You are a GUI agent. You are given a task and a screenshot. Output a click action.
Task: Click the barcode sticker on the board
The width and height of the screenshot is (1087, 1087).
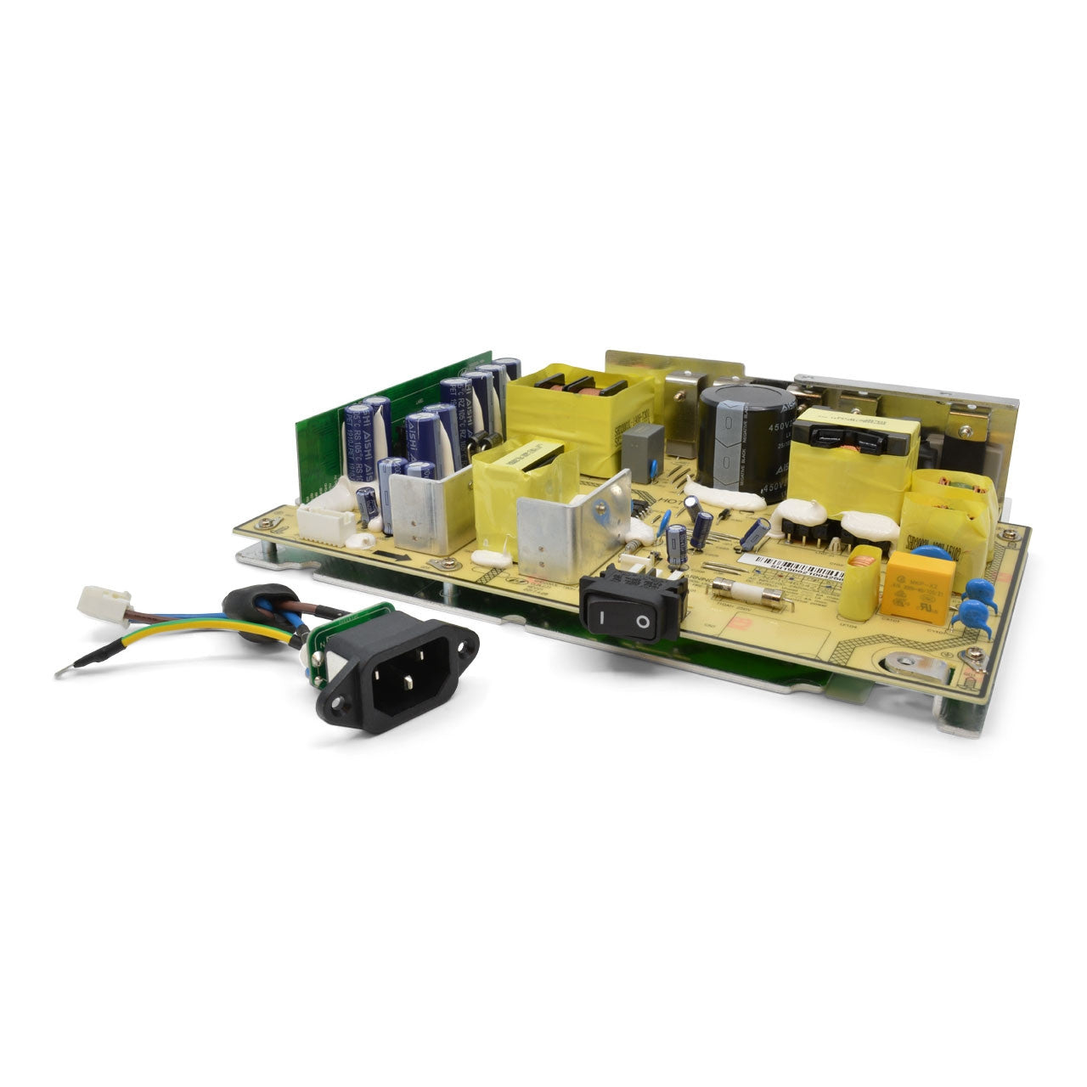790,566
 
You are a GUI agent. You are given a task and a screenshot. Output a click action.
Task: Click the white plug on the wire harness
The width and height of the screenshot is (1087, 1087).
104,602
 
